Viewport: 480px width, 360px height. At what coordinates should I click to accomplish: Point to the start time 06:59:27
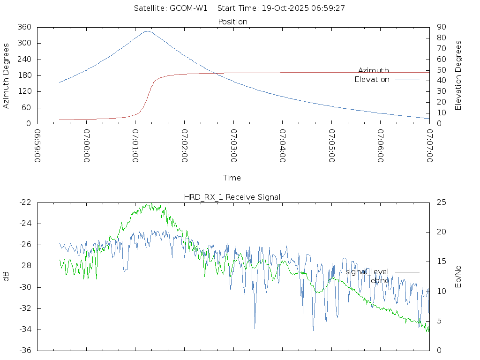tap(328, 8)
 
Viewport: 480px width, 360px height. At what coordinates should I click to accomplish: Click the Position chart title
tap(233, 22)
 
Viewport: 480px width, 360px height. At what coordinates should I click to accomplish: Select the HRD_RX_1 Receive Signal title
tap(232, 197)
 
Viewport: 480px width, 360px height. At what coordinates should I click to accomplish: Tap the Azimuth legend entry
tap(374, 70)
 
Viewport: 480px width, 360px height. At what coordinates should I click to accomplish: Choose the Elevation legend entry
tap(372, 80)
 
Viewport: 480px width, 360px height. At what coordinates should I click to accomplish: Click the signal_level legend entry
tap(367, 271)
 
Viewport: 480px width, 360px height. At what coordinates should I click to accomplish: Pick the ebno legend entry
tap(380, 280)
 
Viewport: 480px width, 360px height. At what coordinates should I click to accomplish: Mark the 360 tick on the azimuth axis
tap(24, 27)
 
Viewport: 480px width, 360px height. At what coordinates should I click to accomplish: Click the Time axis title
tap(232, 178)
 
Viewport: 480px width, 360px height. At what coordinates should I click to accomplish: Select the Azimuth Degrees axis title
tap(6, 75)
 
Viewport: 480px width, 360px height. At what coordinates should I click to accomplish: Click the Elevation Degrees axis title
tap(458, 75)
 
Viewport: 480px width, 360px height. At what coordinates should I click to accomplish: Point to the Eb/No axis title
tap(458, 277)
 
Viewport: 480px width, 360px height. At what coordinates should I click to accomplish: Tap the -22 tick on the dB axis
tap(25, 202)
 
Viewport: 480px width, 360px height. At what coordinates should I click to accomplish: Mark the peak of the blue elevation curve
tap(147, 31)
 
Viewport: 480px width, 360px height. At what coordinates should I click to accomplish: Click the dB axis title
tap(6, 277)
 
